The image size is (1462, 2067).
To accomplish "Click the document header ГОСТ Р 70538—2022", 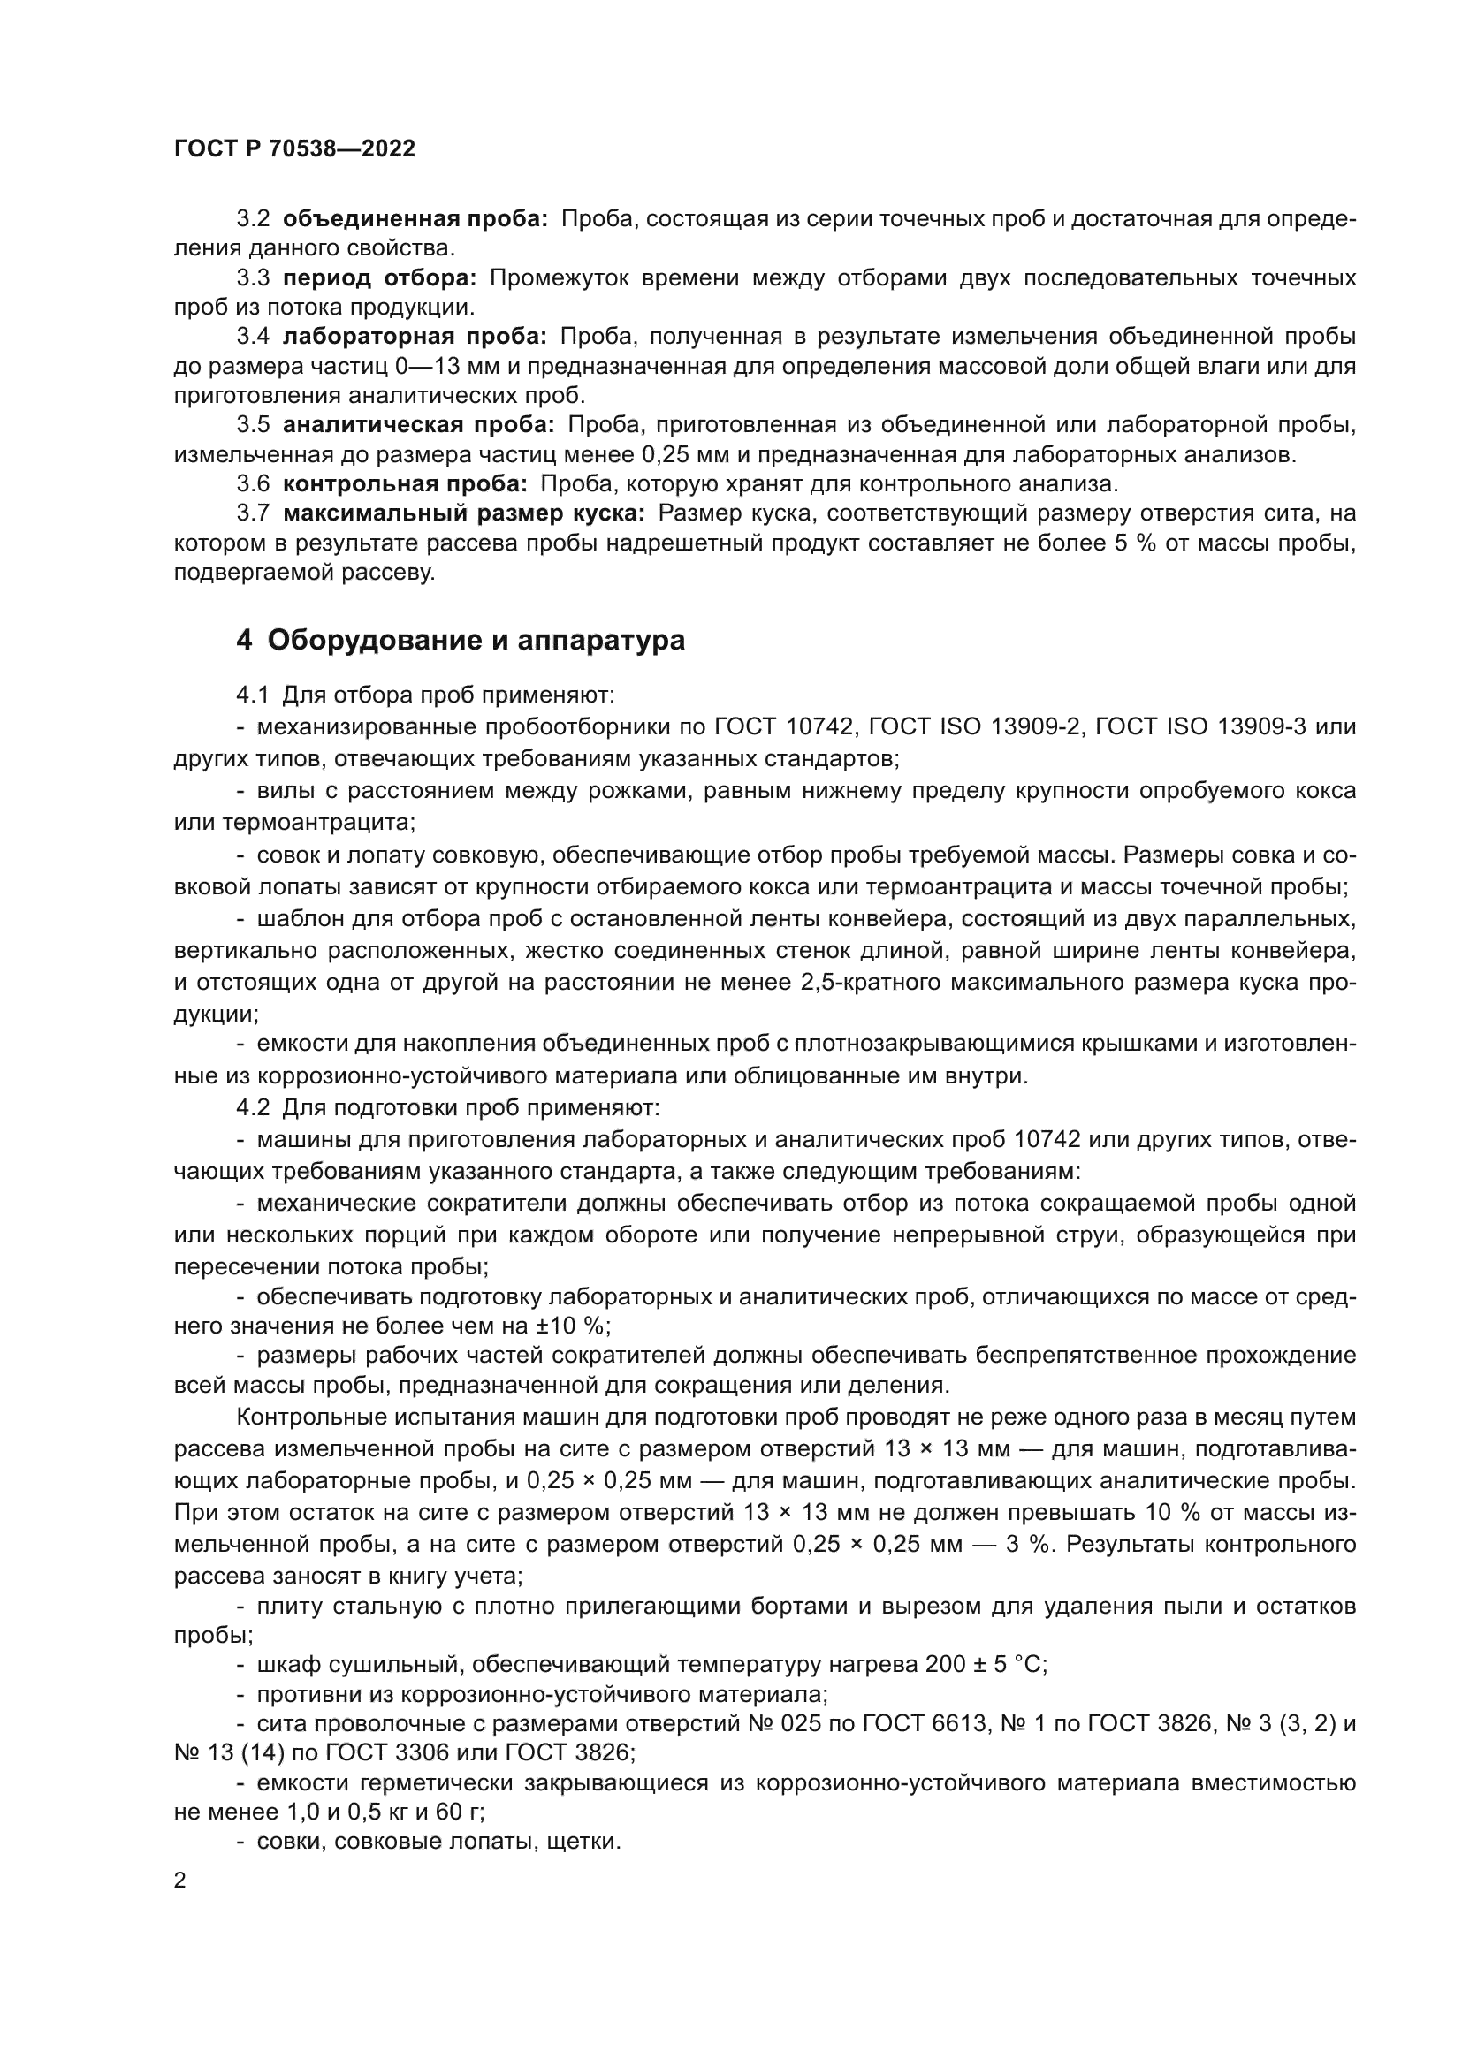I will [294, 149].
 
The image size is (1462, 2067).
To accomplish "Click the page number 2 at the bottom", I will [180, 1881].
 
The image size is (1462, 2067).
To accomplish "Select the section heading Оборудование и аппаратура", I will [476, 640].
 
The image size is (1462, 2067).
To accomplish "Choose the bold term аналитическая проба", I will [419, 425].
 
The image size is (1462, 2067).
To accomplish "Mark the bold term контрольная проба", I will [405, 483].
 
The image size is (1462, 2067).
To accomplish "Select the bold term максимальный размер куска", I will [464, 513].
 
